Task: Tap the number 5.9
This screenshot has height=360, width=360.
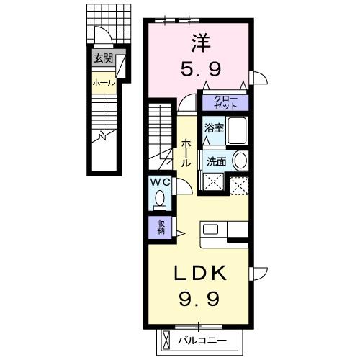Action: (200, 69)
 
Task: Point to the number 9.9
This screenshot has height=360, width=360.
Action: (199, 297)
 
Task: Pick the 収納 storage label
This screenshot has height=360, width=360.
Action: (161, 227)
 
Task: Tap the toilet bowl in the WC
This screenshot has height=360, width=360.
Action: (160, 198)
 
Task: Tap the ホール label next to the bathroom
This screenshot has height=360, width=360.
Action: (186, 153)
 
